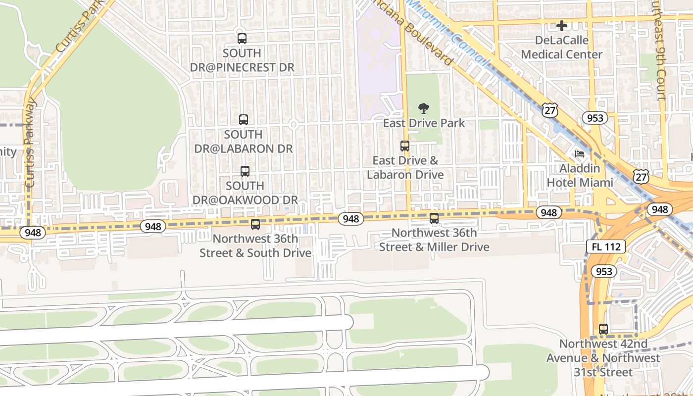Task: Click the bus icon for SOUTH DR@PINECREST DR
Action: point(242,39)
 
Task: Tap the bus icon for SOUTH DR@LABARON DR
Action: point(243,120)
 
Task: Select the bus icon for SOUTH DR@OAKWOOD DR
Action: point(245,171)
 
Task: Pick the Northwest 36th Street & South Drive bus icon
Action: point(255,224)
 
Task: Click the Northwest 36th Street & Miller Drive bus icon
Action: point(434,218)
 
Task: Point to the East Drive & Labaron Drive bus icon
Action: point(405,146)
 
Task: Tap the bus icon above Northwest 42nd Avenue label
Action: point(603,329)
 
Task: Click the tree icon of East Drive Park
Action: point(424,108)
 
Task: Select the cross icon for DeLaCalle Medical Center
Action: point(562,25)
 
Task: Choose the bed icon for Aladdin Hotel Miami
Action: point(580,153)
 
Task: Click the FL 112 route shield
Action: point(606,247)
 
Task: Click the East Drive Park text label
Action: point(424,123)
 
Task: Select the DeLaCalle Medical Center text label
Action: point(562,47)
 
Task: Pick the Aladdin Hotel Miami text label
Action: point(580,175)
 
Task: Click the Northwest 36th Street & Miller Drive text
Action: point(434,240)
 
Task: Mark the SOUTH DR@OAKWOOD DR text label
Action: point(245,193)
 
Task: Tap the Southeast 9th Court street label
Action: point(662,49)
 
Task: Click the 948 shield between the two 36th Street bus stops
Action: point(351,219)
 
